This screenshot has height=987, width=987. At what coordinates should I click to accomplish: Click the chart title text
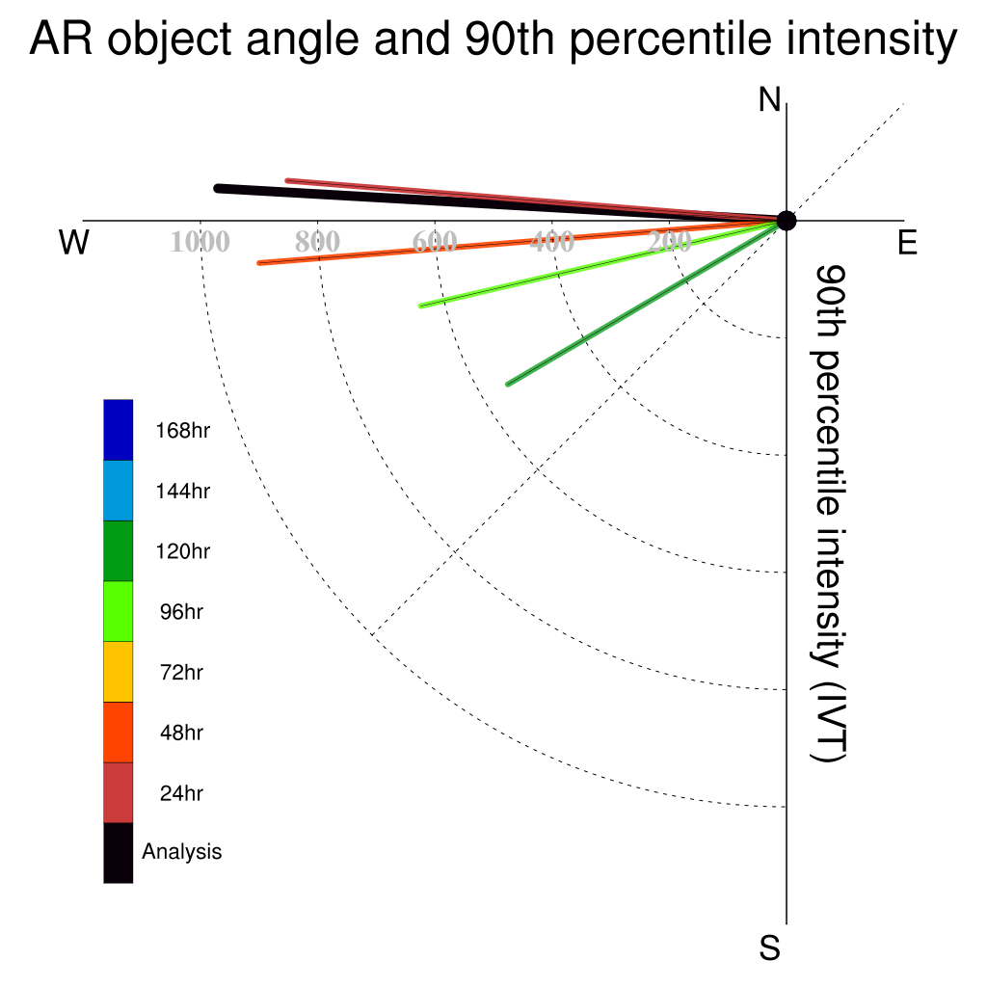click(x=493, y=39)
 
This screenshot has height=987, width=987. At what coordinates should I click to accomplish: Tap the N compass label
click(x=769, y=99)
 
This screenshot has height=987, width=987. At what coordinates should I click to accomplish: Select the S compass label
click(x=770, y=947)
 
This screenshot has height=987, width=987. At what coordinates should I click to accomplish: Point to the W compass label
click(x=74, y=242)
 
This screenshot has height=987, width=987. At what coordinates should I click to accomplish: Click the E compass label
click(x=907, y=242)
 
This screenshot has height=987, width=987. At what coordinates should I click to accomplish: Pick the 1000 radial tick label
click(x=200, y=242)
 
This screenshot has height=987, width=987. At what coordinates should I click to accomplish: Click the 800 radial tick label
click(x=317, y=242)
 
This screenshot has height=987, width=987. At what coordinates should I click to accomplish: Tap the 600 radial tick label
click(x=435, y=242)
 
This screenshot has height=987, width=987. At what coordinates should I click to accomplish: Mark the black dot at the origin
click(x=787, y=221)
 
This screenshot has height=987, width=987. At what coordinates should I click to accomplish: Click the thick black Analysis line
click(x=501, y=204)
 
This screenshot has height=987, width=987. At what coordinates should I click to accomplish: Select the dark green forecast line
click(x=647, y=302)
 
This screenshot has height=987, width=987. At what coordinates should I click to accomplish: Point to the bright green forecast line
click(x=602, y=264)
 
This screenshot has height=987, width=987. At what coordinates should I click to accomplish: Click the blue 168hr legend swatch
click(x=119, y=430)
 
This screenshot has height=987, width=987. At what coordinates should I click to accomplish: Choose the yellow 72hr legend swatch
click(x=119, y=672)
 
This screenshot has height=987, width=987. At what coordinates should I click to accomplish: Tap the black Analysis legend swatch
click(x=119, y=853)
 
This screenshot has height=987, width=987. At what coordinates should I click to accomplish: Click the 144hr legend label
click(x=182, y=491)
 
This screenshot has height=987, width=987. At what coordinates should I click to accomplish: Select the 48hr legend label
click(x=181, y=733)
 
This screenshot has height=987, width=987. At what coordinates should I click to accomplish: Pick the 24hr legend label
click(x=181, y=793)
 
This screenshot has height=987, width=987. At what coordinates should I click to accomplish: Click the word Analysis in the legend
click(x=182, y=852)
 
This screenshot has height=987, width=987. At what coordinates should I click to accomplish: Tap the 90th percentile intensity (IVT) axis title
click(x=829, y=514)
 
